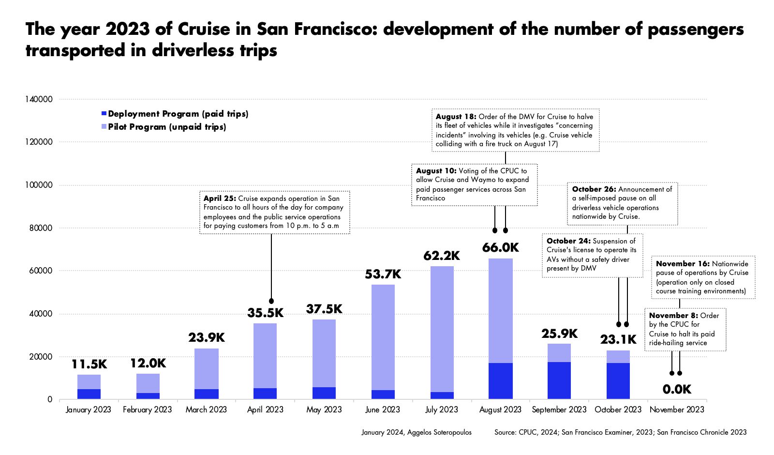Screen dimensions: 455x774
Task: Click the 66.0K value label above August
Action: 500,248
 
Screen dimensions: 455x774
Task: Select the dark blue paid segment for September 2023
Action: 559,380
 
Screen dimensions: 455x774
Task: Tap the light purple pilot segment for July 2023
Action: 442,329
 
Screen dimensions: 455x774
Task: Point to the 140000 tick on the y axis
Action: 39,99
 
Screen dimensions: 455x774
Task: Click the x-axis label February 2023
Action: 147,409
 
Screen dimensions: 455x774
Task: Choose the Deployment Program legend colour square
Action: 104,114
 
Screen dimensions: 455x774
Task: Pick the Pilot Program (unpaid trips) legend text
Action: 167,127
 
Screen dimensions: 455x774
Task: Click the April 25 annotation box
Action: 274,212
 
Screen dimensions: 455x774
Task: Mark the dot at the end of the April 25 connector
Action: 271,301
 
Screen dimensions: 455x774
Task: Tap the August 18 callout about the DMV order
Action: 515,130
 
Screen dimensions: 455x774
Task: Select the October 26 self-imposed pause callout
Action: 622,203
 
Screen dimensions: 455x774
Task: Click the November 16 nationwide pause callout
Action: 702,277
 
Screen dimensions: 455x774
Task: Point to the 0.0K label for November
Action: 677,389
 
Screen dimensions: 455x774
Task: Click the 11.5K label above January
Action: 89,364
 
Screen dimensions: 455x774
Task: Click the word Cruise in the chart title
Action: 204,29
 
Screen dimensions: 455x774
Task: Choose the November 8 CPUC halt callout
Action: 685,329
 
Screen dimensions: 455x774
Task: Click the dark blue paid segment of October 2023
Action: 618,381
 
